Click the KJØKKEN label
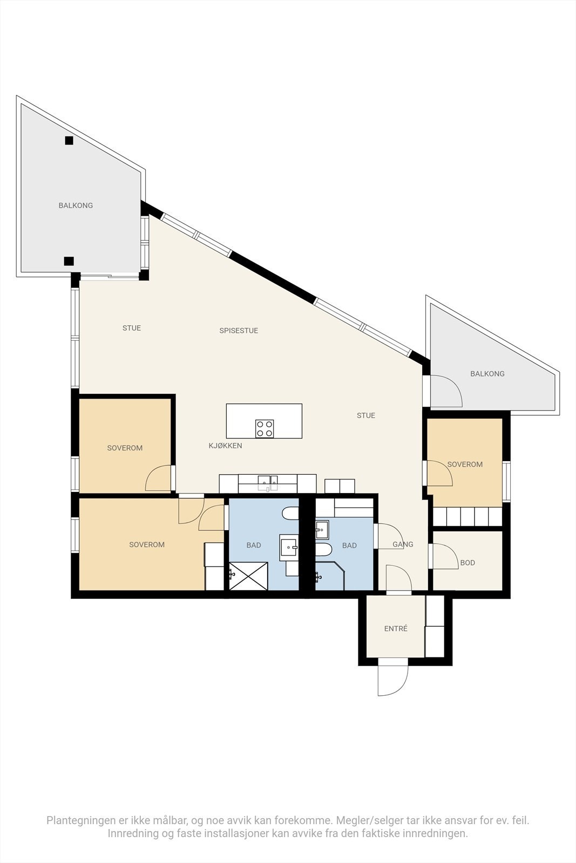point(225,446)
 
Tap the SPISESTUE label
point(239,331)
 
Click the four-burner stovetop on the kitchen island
point(265,429)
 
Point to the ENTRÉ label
point(396,628)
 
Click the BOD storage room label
point(467,563)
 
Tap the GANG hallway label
point(403,544)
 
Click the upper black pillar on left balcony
point(69,141)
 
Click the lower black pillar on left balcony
point(69,261)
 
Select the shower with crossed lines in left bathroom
point(248,576)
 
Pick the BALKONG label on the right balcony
point(487,373)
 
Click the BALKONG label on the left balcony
point(76,205)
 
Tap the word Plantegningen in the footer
point(80,820)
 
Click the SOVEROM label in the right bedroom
point(465,464)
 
